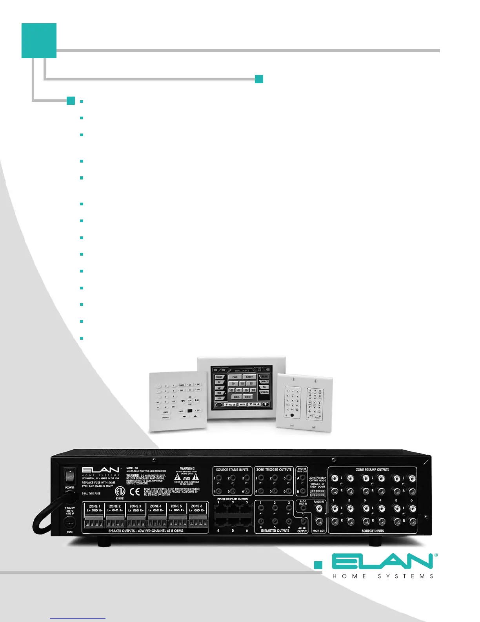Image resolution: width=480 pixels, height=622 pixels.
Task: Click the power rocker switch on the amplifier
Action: [x=69, y=476]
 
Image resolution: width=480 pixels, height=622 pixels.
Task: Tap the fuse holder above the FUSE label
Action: [x=69, y=522]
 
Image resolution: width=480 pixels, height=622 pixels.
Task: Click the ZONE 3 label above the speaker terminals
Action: [x=135, y=506]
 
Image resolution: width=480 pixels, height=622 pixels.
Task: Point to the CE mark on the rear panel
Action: [x=135, y=491]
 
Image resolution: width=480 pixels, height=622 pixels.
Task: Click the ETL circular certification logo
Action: [x=120, y=491]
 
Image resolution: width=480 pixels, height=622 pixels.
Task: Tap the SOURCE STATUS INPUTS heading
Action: [x=232, y=470]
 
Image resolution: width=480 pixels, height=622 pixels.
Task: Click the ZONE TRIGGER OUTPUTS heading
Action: [x=274, y=470]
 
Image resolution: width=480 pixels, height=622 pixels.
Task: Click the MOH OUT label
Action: [x=319, y=531]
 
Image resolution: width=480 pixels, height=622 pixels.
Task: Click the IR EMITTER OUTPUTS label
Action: [x=275, y=531]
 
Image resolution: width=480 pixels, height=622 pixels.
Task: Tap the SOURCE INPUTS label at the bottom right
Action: [x=373, y=531]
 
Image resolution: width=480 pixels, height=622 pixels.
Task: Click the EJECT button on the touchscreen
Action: [x=249, y=377]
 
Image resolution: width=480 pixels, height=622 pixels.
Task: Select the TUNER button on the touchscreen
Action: [x=219, y=377]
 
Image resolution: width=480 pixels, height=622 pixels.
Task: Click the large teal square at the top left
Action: [x=39, y=40]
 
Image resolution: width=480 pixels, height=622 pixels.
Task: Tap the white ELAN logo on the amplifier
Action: [x=100, y=470]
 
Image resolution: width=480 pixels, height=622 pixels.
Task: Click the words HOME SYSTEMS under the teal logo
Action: [x=383, y=576]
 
